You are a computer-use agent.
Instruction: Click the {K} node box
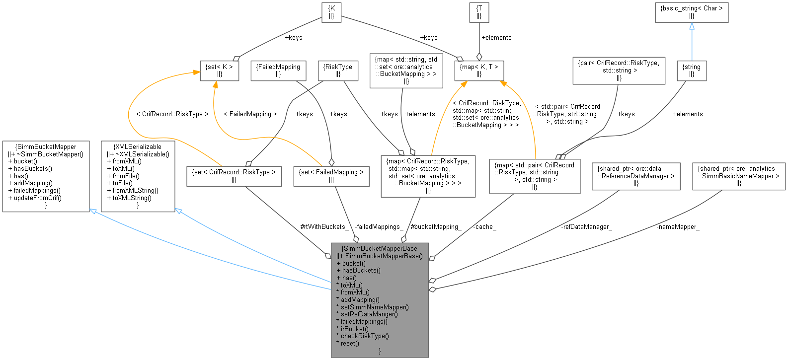tap(331, 12)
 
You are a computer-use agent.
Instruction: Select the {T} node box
tap(479, 12)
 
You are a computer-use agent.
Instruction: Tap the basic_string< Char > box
tap(692, 12)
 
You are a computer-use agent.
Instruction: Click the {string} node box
tap(692, 70)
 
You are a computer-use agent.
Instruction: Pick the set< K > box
tap(219, 70)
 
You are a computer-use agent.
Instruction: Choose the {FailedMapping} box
tap(278, 70)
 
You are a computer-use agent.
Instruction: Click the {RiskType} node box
tap(337, 70)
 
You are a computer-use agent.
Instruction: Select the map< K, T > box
tap(479, 70)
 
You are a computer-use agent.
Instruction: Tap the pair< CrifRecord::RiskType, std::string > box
tap(619, 70)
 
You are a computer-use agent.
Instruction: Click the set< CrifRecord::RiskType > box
tap(234, 176)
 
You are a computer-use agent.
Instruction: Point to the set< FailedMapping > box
tap(331, 176)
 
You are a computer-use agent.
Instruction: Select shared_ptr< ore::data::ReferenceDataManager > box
tap(636, 176)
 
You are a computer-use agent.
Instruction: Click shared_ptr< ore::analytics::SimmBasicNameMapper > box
tap(739, 176)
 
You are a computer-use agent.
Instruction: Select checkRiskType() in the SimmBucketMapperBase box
tap(365, 336)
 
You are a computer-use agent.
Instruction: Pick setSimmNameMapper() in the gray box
tap(374, 307)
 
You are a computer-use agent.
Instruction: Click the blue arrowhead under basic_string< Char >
tap(692, 26)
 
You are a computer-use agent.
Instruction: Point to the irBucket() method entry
tap(354, 329)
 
